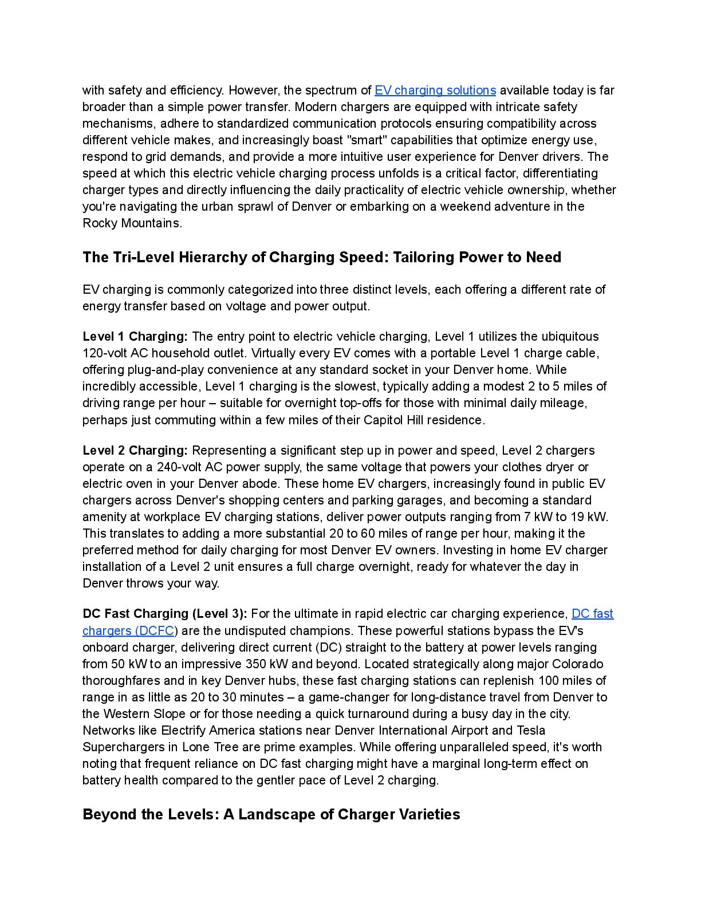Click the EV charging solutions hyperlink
click(435, 90)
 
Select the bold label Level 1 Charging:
click(135, 337)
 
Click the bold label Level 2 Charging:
click(135, 451)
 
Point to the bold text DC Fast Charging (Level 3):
click(165, 614)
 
